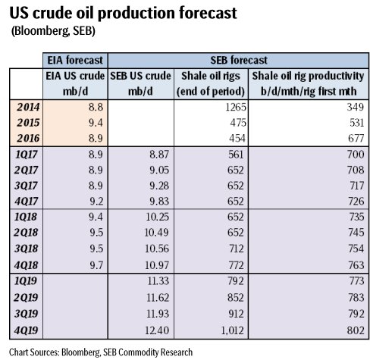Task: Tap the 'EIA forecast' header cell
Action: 74,59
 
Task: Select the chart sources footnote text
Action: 97,351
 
